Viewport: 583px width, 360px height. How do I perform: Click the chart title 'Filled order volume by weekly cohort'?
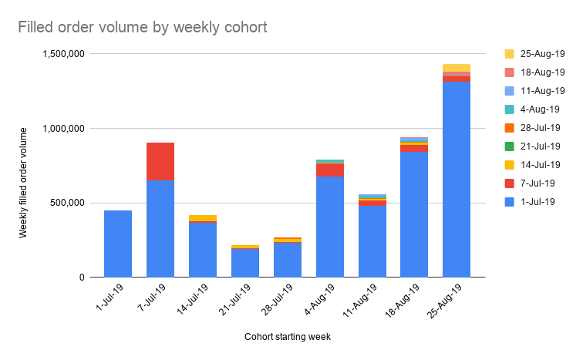click(143, 28)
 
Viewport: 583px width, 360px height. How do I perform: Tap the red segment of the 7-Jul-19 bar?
click(160, 161)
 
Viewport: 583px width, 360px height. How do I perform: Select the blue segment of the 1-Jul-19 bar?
click(118, 244)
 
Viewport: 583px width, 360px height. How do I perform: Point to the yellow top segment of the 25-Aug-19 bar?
click(457, 68)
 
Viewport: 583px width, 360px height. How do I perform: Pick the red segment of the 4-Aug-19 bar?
click(330, 170)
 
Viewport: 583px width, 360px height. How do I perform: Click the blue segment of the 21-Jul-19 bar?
click(245, 263)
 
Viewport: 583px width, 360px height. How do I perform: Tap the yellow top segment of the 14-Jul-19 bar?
click(203, 218)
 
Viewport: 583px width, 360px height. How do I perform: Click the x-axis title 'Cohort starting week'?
click(288, 337)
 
